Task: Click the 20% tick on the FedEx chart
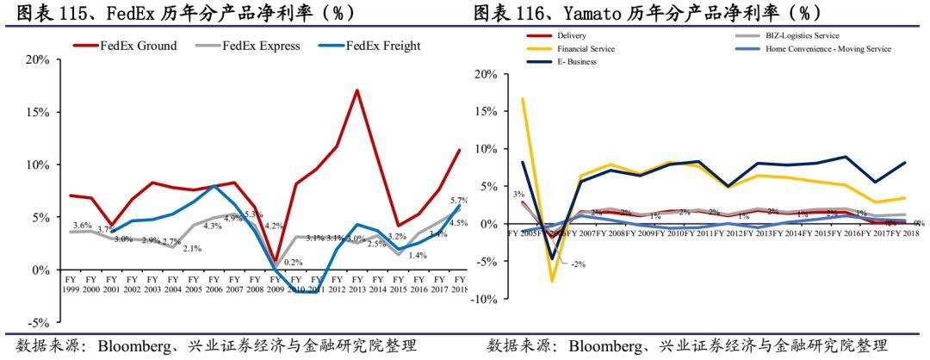(37, 59)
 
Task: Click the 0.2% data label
(294, 263)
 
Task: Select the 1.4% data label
(418, 256)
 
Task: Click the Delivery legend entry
(572, 36)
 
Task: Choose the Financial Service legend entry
(586, 49)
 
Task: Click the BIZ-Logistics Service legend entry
(802, 36)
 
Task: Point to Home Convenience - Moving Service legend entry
(828, 49)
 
